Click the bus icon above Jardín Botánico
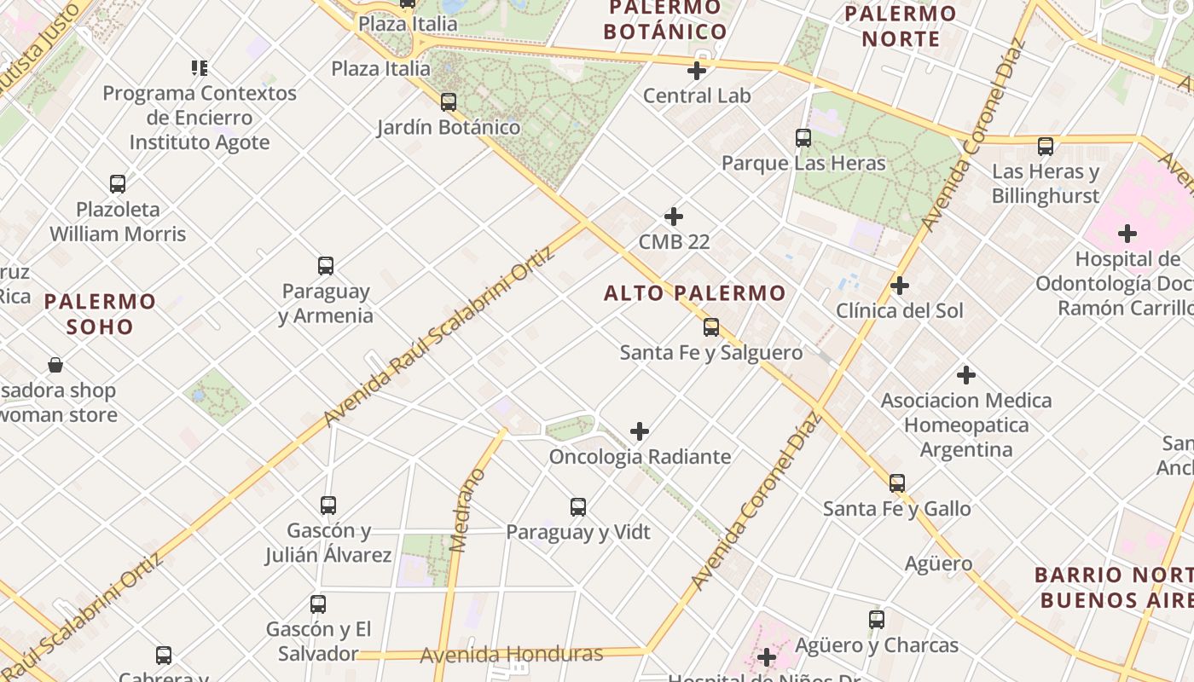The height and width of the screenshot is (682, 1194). click(449, 102)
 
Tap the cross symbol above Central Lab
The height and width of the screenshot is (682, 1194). click(697, 71)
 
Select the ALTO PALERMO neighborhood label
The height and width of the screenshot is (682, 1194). click(694, 293)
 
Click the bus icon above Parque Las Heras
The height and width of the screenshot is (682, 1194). click(803, 138)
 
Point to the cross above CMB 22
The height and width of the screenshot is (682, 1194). click(674, 217)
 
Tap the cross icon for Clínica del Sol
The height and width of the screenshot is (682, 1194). click(900, 286)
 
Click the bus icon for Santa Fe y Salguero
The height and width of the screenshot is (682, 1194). click(711, 327)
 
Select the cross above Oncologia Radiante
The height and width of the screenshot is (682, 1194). click(640, 432)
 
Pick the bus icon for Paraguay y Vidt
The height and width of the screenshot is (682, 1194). click(578, 507)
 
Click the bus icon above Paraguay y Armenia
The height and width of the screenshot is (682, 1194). click(326, 266)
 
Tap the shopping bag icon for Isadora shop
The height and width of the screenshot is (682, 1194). click(55, 366)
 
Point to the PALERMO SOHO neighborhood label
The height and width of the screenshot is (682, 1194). click(100, 314)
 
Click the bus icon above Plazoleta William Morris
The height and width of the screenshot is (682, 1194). click(118, 184)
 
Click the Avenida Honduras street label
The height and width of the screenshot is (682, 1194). click(512, 655)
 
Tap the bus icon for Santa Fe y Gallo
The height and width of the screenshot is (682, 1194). click(897, 483)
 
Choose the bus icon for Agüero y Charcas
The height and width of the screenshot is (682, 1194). click(877, 620)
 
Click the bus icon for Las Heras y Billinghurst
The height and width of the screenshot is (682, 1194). click(1046, 147)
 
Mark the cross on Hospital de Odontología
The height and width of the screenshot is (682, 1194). click(1127, 234)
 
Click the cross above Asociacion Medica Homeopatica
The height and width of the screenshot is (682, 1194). click(966, 375)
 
